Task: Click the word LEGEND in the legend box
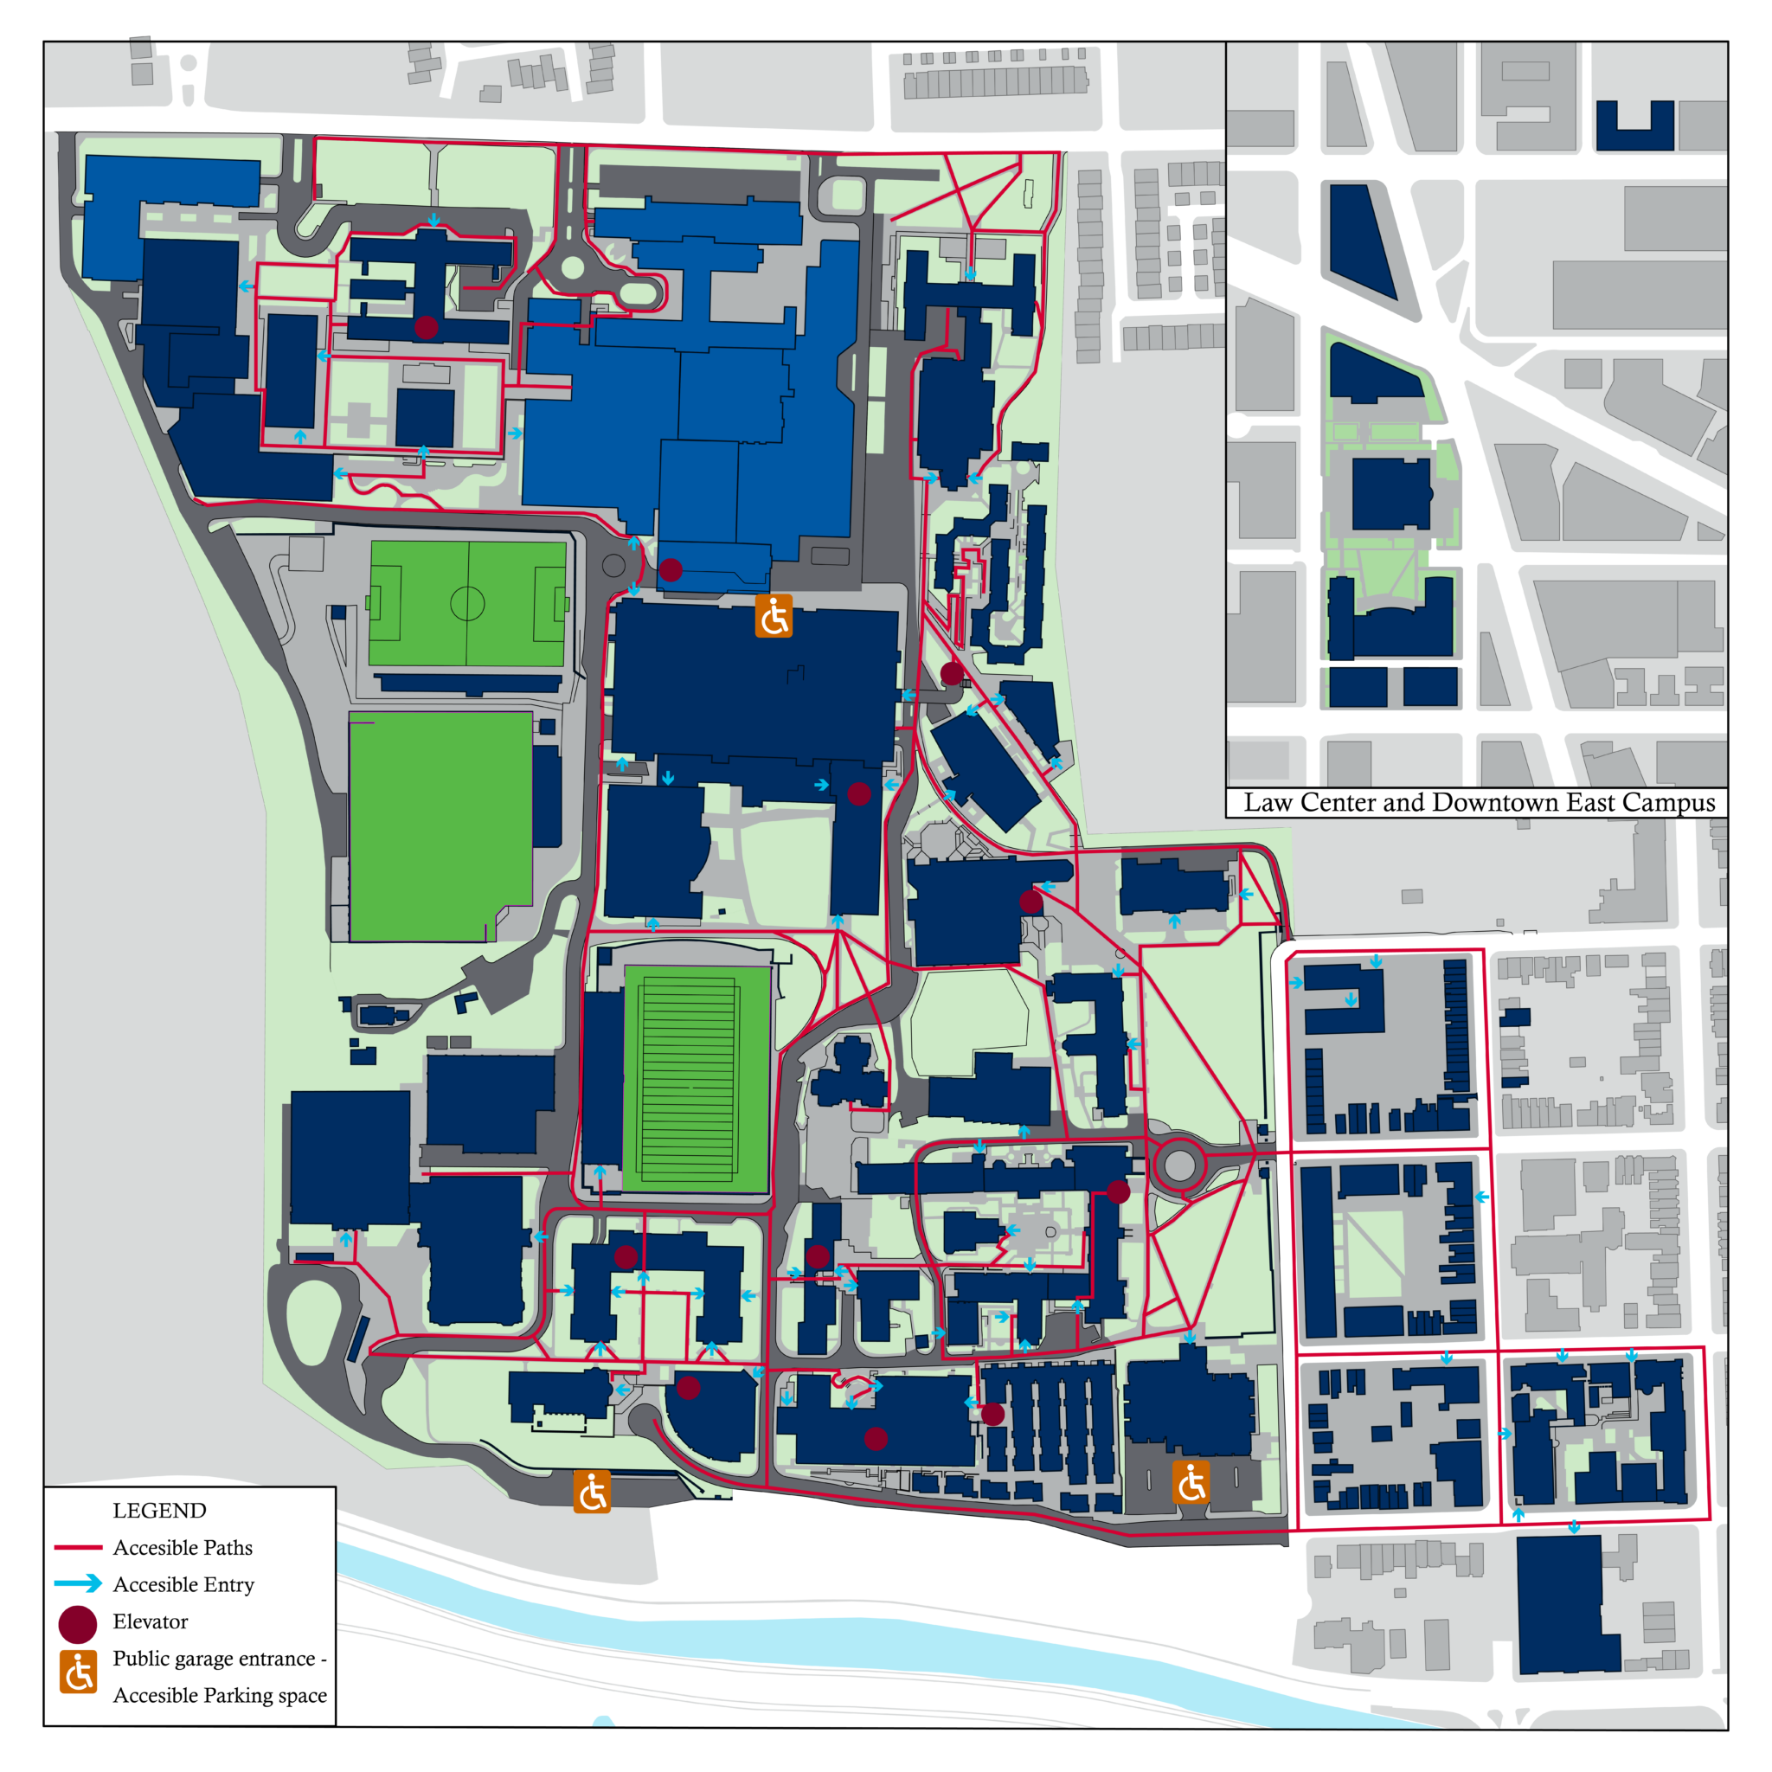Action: click(x=158, y=1510)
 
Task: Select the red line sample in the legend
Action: click(x=78, y=1547)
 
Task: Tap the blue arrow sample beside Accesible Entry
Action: click(x=78, y=1584)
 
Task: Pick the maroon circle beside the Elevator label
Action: click(x=78, y=1623)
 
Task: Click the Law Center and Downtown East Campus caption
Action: click(x=1479, y=803)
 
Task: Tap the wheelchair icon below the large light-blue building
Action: click(x=774, y=615)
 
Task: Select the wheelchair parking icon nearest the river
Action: click(x=592, y=1492)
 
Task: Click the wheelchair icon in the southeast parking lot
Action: click(x=1191, y=1482)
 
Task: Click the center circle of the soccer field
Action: click(x=467, y=604)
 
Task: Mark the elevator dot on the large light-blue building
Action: click(x=671, y=570)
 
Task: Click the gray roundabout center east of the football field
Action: click(x=1179, y=1165)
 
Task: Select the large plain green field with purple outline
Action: click(x=440, y=825)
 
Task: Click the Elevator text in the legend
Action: click(x=151, y=1621)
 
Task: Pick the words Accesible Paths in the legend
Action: click(x=183, y=1547)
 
